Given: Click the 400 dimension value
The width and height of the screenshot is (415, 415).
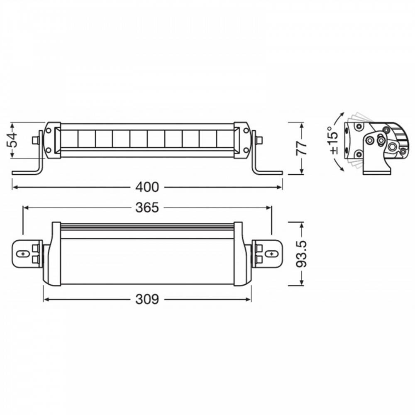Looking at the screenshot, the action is [x=147, y=187].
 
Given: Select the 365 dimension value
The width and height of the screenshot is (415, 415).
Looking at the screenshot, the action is [x=147, y=207].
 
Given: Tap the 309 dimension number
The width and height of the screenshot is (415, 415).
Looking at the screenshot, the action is [x=147, y=299].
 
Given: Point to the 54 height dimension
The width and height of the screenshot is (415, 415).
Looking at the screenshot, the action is [x=12, y=140].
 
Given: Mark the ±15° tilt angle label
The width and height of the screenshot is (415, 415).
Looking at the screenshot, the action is [x=333, y=140].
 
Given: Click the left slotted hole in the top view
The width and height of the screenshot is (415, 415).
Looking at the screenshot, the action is [x=23, y=254].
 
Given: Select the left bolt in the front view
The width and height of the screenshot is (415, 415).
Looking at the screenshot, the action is [x=36, y=140].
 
